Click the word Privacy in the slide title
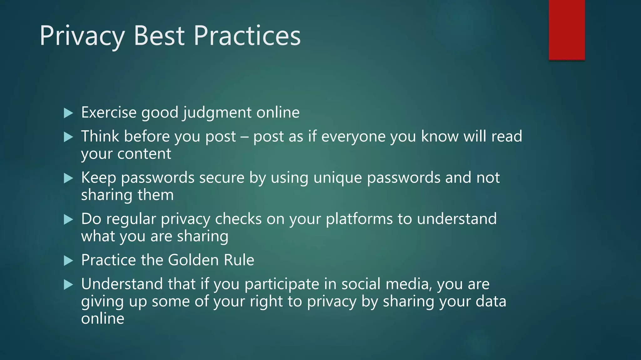tap(82, 36)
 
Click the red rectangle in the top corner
tap(567, 30)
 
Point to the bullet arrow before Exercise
tap(68, 113)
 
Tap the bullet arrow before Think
tap(68, 137)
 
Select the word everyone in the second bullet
tap(353, 137)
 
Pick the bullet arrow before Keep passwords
tap(68, 178)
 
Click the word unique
tap(337, 178)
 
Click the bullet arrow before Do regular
tap(68, 220)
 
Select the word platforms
tap(359, 219)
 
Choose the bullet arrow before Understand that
tap(68, 285)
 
